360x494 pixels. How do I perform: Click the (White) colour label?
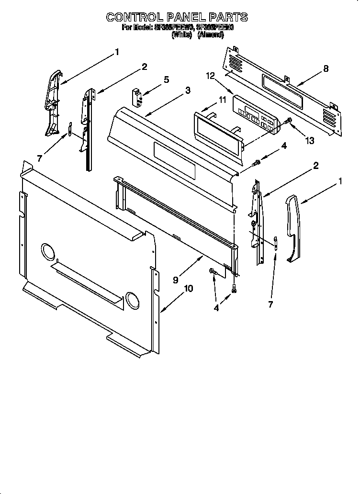[181, 34]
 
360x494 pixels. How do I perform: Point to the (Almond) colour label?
[210, 34]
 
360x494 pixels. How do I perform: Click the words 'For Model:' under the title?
[137, 28]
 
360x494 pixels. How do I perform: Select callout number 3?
[188, 90]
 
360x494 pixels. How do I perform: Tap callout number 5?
[166, 79]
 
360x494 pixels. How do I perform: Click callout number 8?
[326, 68]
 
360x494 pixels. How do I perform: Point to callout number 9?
[176, 279]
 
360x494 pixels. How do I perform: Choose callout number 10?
[189, 288]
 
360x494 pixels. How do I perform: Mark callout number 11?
[222, 100]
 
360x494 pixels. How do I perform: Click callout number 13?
[310, 140]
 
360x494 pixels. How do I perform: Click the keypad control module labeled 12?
[254, 115]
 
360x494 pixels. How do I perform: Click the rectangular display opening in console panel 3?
[175, 160]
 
